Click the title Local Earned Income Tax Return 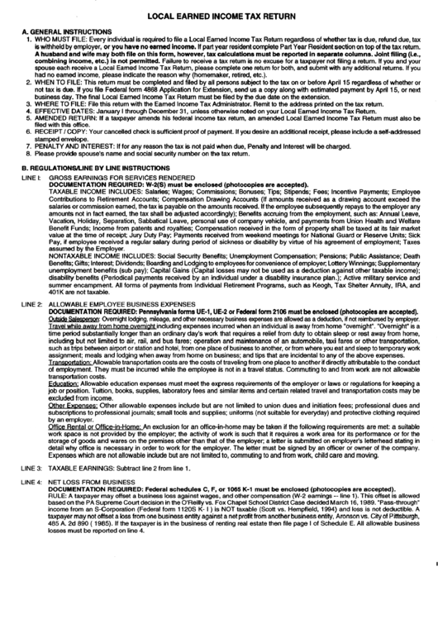(x=219, y=15)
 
